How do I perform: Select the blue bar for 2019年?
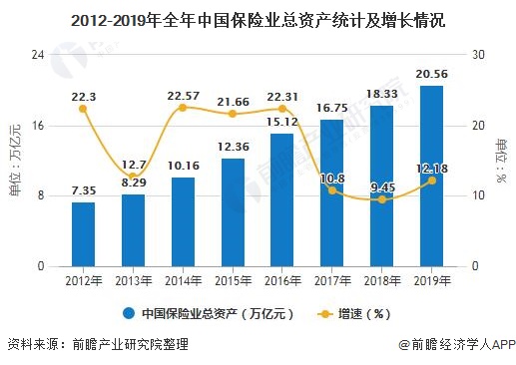click(x=432, y=177)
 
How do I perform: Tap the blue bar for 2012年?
click(x=84, y=234)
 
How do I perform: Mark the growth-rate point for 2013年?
click(x=133, y=177)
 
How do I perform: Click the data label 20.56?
click(x=432, y=75)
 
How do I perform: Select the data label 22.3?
click(x=84, y=96)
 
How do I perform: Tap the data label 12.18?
click(x=431, y=168)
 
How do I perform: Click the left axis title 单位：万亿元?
click(x=15, y=160)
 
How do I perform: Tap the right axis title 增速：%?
click(x=500, y=160)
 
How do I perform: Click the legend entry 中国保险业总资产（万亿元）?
click(x=208, y=312)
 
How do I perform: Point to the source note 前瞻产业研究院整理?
click(x=129, y=345)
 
